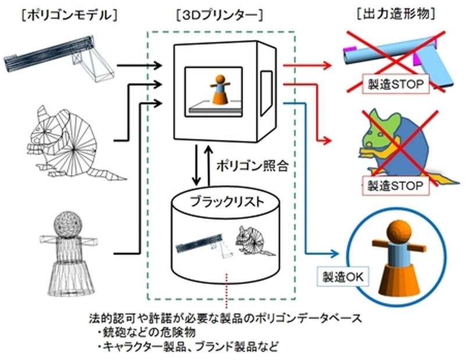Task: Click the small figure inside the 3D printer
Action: (x=220, y=90)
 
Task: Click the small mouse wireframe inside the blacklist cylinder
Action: (x=253, y=240)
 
